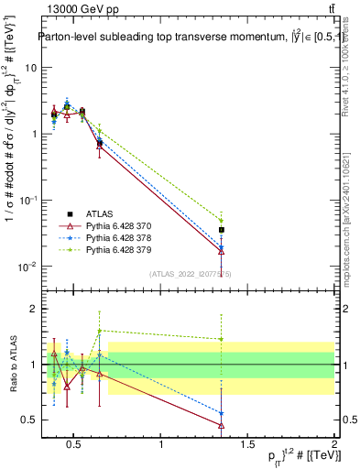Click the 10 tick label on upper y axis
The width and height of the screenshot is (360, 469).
[x=29, y=68]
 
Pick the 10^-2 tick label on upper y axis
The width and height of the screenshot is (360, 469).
[x=27, y=267]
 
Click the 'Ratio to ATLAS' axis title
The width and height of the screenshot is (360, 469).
[x=11, y=365]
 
